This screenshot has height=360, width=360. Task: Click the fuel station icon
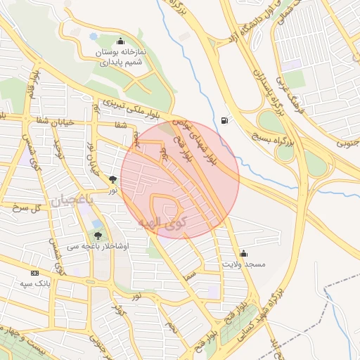click(x=224, y=120)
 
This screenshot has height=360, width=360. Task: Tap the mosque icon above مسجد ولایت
click(x=244, y=253)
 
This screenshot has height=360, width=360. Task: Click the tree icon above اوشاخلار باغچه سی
click(x=97, y=236)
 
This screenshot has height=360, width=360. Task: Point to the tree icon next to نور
click(x=114, y=179)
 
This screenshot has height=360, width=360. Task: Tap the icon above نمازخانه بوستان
click(x=121, y=41)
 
